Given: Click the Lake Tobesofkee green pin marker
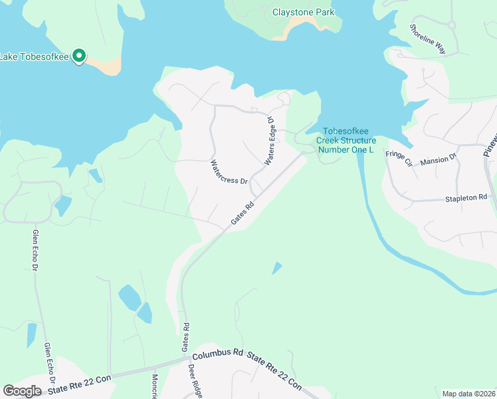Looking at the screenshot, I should click(x=79, y=56).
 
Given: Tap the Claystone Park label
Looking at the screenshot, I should click(x=304, y=12).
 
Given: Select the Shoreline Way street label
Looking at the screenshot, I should click(x=427, y=39).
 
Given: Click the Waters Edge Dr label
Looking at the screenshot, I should click(x=270, y=140).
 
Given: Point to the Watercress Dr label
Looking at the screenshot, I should click(x=229, y=172).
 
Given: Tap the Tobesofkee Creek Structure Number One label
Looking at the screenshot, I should click(x=346, y=140).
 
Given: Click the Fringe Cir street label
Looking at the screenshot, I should click(x=399, y=158).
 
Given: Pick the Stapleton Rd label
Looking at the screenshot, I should click(x=466, y=198).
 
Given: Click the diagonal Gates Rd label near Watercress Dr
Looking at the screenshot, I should click(x=243, y=213).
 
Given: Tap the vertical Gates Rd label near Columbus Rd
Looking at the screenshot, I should click(x=186, y=337).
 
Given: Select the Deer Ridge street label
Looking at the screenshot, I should click(x=195, y=381).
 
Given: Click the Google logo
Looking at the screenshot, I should click(x=22, y=391).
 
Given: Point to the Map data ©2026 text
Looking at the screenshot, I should click(x=468, y=394).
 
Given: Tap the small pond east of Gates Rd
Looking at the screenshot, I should click(x=276, y=268).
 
